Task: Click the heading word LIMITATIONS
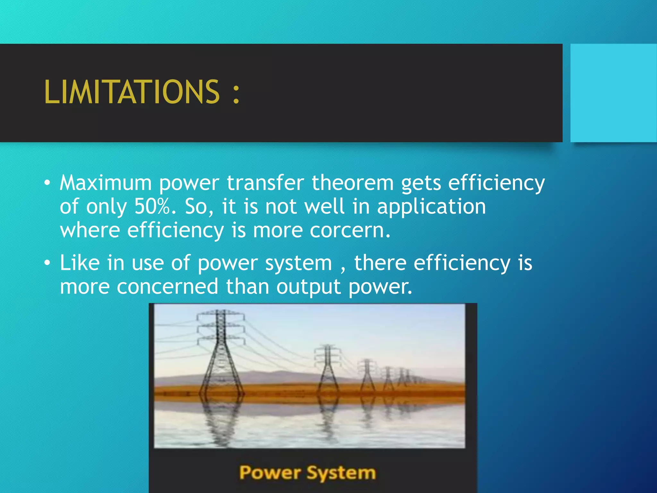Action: click(132, 92)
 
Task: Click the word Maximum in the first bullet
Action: click(106, 183)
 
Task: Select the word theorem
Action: click(353, 183)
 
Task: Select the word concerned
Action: click(167, 287)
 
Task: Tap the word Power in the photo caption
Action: click(270, 473)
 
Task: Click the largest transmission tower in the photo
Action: click(221, 353)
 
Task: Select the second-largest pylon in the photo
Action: click(327, 369)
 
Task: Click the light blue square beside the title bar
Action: click(613, 93)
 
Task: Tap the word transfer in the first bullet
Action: click(265, 183)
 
